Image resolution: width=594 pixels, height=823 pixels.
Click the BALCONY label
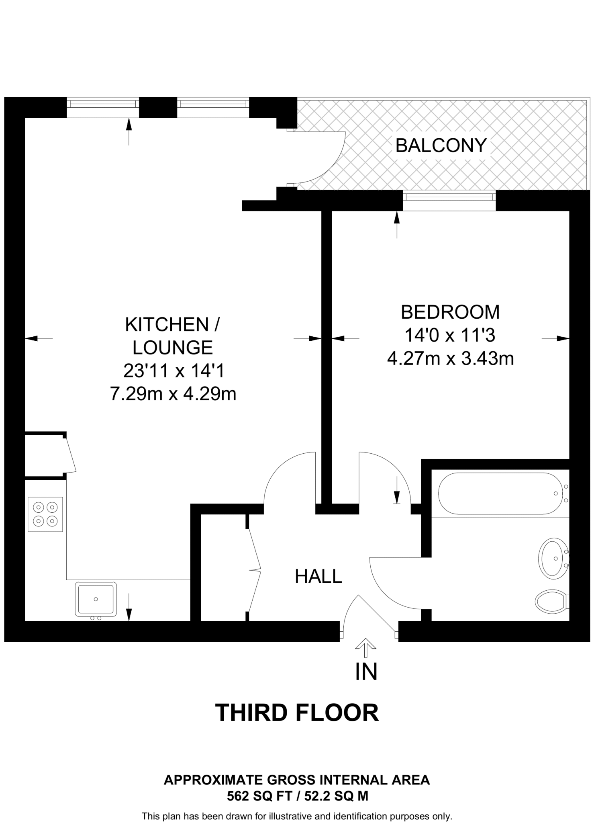tap(441, 145)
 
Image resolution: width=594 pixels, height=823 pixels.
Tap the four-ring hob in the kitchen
tap(45, 514)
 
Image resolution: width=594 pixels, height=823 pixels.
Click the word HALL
tap(318, 576)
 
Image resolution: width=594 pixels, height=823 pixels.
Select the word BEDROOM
tap(450, 312)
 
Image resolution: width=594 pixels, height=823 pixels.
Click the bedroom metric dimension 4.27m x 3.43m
tap(450, 358)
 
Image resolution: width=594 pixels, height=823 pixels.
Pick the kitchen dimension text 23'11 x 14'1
tap(173, 371)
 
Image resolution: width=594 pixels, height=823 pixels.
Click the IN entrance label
tap(366, 672)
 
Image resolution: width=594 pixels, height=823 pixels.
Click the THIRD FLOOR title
tap(297, 713)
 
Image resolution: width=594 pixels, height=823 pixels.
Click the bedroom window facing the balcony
tap(449, 197)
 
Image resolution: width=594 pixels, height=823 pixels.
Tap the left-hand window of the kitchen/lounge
tap(102, 104)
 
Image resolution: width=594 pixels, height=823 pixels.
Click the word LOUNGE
tap(173, 348)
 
